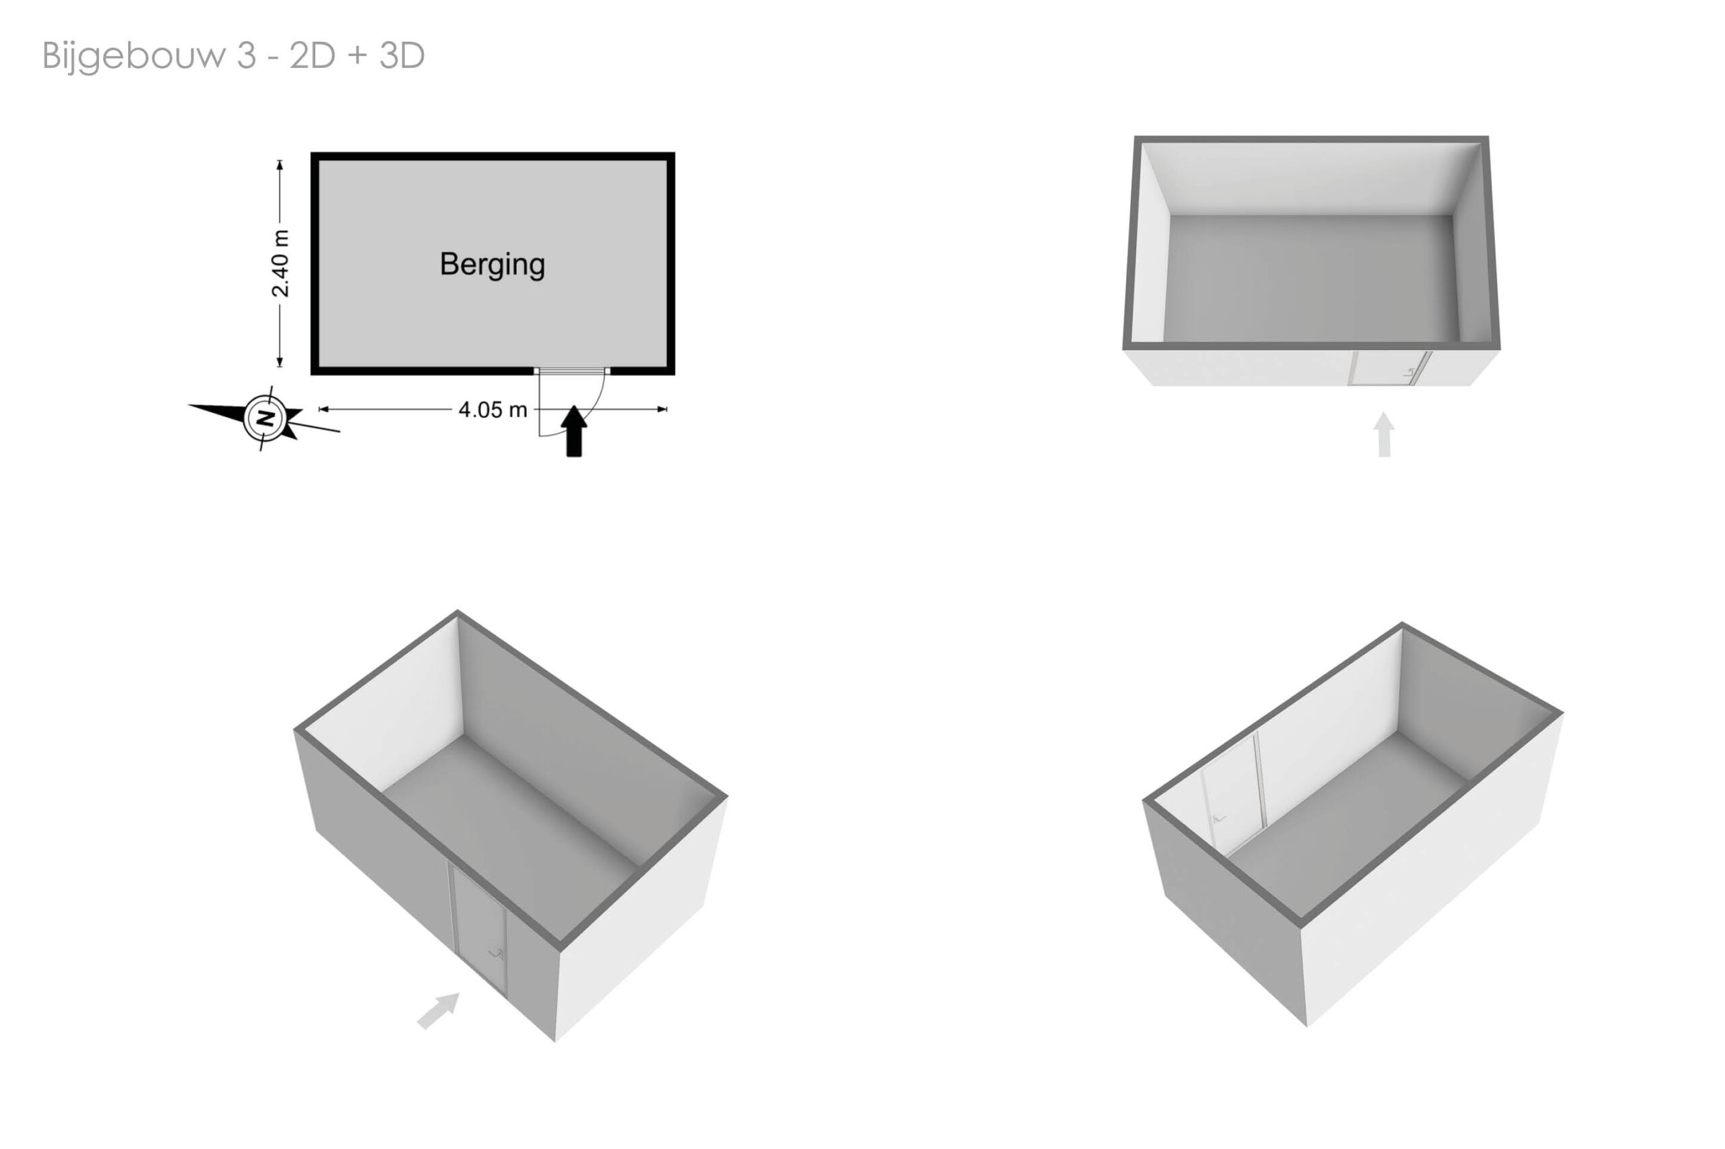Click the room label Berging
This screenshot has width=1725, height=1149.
[x=492, y=265]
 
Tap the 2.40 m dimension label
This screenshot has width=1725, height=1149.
[x=280, y=264]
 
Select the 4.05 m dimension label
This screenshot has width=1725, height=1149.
[x=493, y=409]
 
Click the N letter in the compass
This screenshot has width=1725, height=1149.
[x=265, y=418]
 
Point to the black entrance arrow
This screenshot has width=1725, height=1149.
[x=574, y=432]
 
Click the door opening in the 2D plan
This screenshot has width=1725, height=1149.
[x=572, y=372]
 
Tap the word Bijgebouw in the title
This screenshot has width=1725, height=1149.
[x=134, y=57]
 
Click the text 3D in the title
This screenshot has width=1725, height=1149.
[x=402, y=56]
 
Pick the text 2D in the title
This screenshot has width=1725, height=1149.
[x=312, y=56]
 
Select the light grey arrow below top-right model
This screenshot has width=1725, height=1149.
[x=1383, y=434]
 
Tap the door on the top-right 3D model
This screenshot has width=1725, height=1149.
[x=1389, y=368]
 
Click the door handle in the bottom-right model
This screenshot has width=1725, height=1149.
[x=1218, y=818]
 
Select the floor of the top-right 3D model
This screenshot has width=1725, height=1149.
[x=1311, y=277]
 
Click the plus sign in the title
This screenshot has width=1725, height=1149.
[x=357, y=57]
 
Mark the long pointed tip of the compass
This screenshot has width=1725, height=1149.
[x=189, y=405]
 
